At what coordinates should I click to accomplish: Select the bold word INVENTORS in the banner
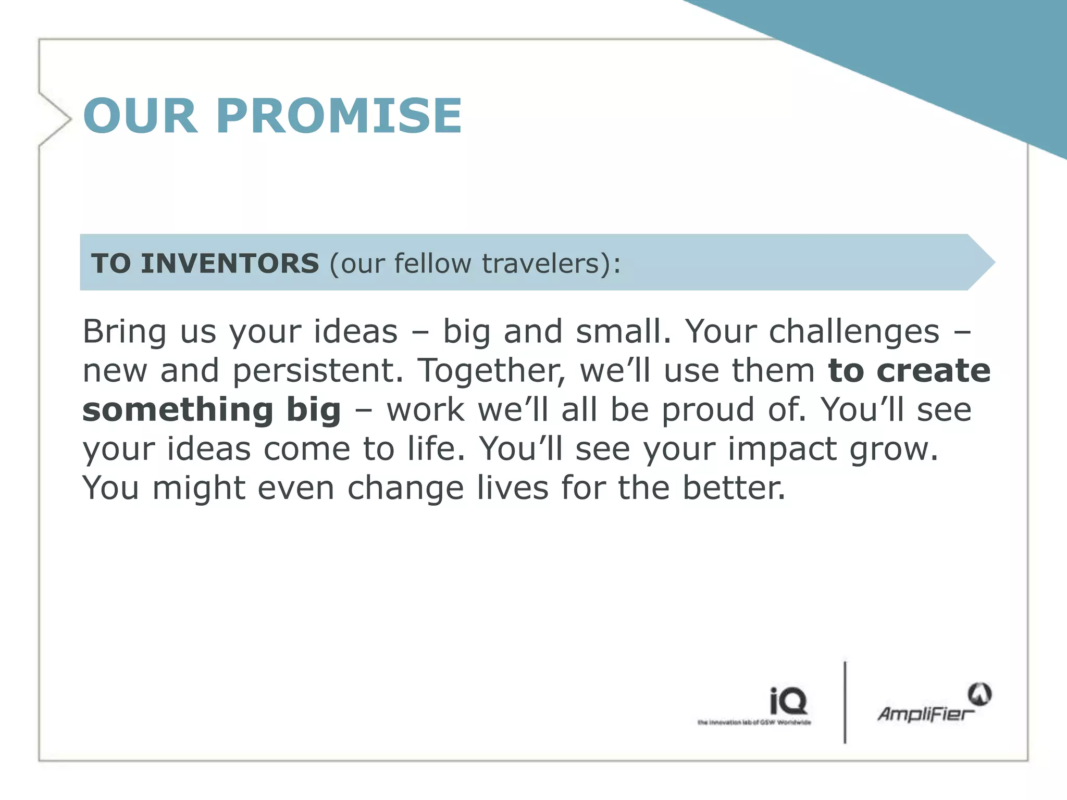[x=230, y=263]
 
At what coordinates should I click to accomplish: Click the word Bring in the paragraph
[x=125, y=331]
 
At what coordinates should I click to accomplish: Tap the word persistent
[x=318, y=371]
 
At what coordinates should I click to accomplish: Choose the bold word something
[x=178, y=410]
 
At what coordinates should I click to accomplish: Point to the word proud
[x=708, y=410]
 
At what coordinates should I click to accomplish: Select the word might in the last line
[x=198, y=489]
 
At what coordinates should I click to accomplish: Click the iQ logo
[x=788, y=701]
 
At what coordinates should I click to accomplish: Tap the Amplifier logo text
[x=925, y=714]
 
